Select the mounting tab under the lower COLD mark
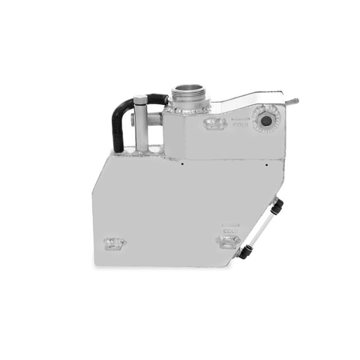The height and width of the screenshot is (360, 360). [x=228, y=241]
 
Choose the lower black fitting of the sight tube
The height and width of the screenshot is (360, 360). [x=244, y=252]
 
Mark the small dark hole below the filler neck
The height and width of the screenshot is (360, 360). [x=183, y=160]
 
